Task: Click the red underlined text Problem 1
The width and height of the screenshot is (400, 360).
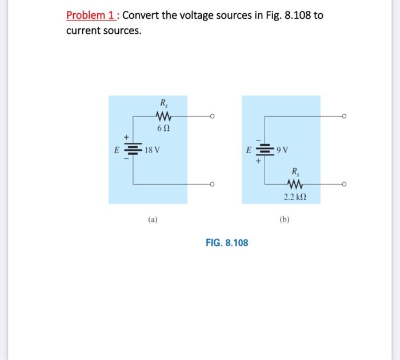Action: point(91,15)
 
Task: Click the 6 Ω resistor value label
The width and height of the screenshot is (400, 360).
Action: point(163,129)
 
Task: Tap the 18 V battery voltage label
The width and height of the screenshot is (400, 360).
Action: point(153,150)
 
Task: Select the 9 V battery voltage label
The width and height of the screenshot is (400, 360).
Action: point(282,150)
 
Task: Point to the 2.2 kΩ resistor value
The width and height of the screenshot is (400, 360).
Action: point(295,197)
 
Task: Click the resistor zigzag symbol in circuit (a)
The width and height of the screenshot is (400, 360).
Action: point(163,117)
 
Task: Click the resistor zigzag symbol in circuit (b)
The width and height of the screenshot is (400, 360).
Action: point(295,184)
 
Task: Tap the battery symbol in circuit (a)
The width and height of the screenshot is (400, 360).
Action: point(133,149)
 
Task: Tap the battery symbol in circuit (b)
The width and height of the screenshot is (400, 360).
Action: point(265,150)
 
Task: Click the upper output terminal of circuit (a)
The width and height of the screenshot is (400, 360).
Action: point(212,117)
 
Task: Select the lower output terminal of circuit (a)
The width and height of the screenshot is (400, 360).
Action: point(212,184)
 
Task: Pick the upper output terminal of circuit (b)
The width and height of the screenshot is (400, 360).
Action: point(344,117)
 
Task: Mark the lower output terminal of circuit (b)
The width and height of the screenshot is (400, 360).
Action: point(344,184)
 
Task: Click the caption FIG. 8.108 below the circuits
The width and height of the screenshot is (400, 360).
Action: point(227,243)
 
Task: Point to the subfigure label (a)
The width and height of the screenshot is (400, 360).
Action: point(153,219)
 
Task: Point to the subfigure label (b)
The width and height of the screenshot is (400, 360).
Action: point(285,219)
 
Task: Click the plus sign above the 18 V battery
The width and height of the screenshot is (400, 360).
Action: point(126,137)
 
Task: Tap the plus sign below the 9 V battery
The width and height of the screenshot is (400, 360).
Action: point(258,161)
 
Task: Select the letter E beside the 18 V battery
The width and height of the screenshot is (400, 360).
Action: point(117,150)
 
